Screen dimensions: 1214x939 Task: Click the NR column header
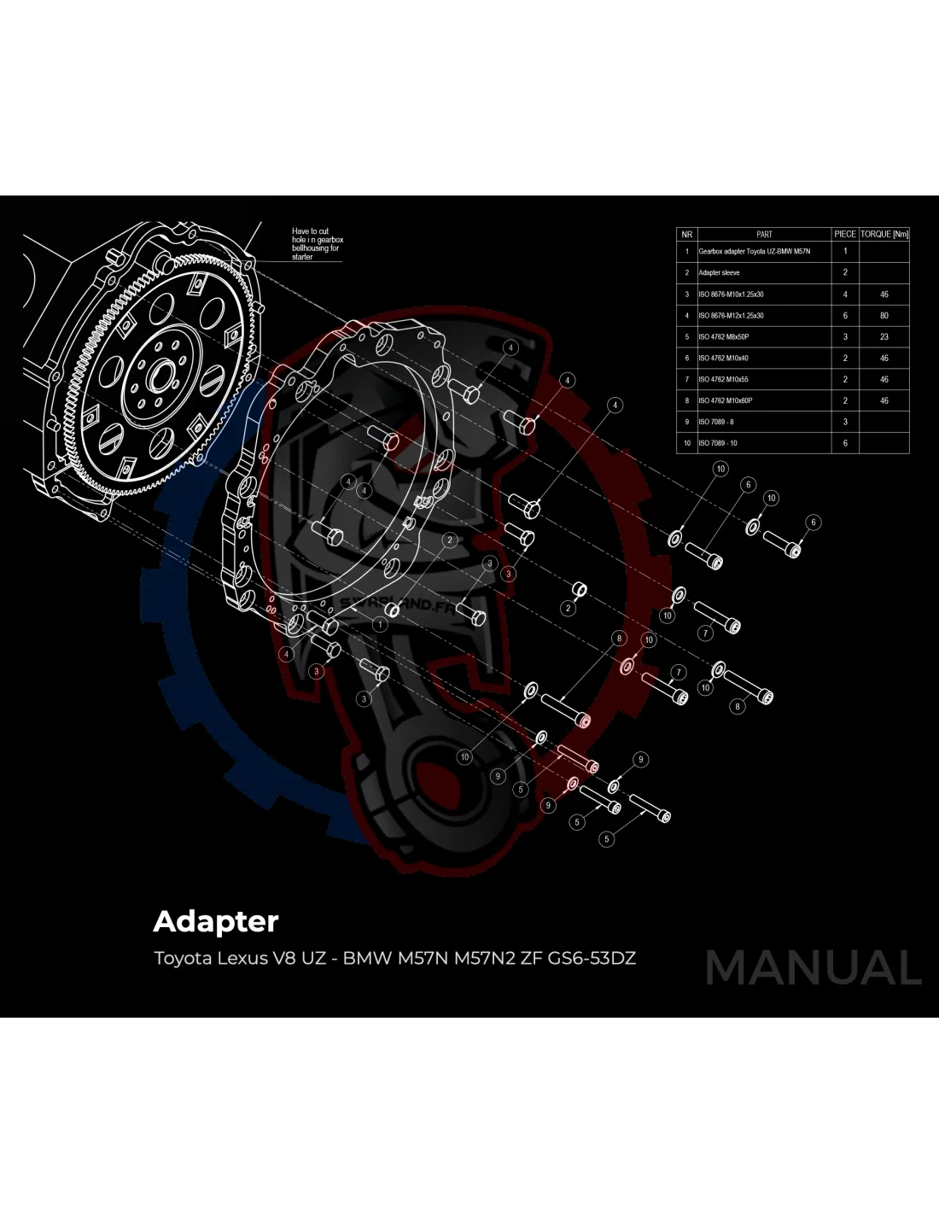(686, 234)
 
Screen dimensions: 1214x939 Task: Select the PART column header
(764, 234)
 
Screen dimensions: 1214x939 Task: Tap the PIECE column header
(845, 234)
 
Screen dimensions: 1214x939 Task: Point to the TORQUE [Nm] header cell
(884, 234)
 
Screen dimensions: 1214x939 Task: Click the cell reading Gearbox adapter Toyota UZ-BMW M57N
(754, 252)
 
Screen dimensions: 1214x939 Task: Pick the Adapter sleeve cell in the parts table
(719, 273)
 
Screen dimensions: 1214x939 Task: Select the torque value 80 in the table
(884, 316)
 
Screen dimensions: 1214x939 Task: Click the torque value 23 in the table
(884, 337)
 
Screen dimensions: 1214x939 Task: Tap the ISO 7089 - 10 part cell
(718, 443)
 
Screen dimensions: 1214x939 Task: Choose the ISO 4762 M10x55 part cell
(725, 379)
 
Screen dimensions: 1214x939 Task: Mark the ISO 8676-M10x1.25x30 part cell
(731, 295)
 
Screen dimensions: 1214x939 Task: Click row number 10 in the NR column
(686, 443)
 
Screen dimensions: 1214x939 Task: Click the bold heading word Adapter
(216, 922)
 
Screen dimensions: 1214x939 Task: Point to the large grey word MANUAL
(813, 967)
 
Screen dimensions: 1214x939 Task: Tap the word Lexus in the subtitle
(241, 958)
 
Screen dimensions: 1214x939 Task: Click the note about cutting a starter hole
(317, 244)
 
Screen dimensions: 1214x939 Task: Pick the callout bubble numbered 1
(378, 625)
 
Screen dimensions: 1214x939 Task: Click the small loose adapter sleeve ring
(577, 590)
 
